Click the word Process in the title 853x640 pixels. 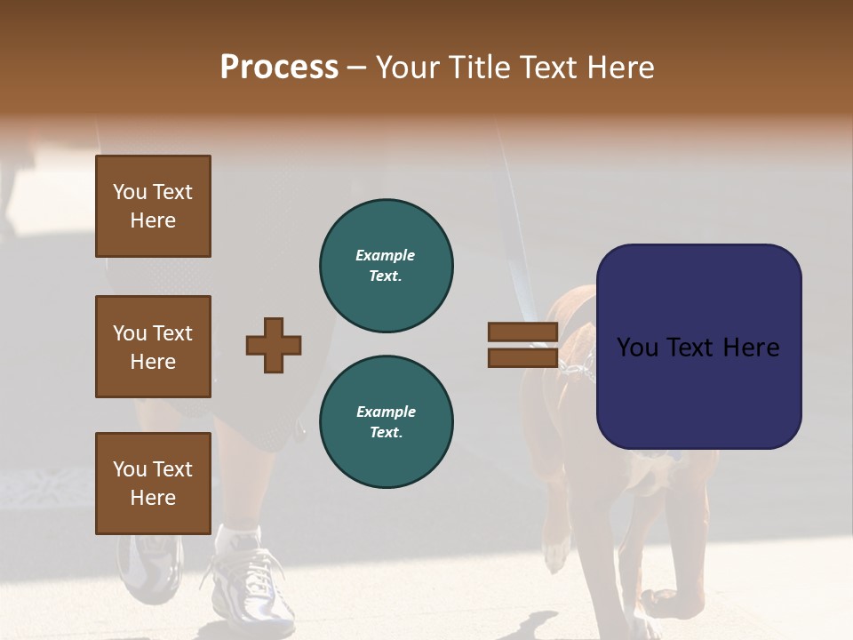(x=279, y=68)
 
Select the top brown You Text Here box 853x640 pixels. (x=153, y=206)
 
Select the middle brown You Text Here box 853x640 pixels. (x=153, y=347)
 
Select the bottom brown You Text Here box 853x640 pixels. (x=153, y=484)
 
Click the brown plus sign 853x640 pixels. (x=274, y=345)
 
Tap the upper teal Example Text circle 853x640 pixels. (x=386, y=266)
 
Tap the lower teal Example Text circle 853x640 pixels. (x=386, y=422)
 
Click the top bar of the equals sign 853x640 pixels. (x=522, y=332)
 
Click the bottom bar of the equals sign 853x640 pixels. (x=522, y=358)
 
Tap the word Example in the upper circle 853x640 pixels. (x=386, y=255)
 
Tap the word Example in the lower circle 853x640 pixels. (x=386, y=412)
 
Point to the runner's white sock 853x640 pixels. (x=240, y=537)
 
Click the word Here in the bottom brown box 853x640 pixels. (x=153, y=498)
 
